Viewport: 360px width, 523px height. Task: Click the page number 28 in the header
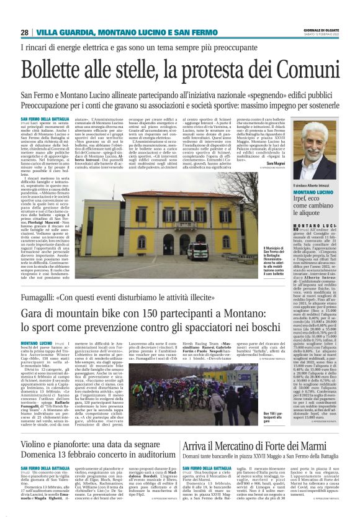24,32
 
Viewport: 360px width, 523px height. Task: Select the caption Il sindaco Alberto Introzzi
315,185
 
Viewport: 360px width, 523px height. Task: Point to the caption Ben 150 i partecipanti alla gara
253,432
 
